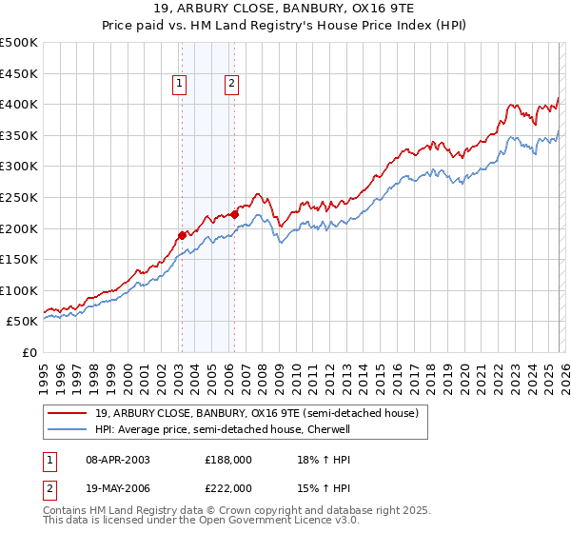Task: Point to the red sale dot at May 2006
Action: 234,214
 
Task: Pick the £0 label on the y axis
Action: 30,352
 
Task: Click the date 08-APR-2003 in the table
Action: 118,459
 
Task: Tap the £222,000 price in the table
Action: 228,487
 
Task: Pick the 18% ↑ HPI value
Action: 310,459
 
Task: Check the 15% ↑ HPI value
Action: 310,487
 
